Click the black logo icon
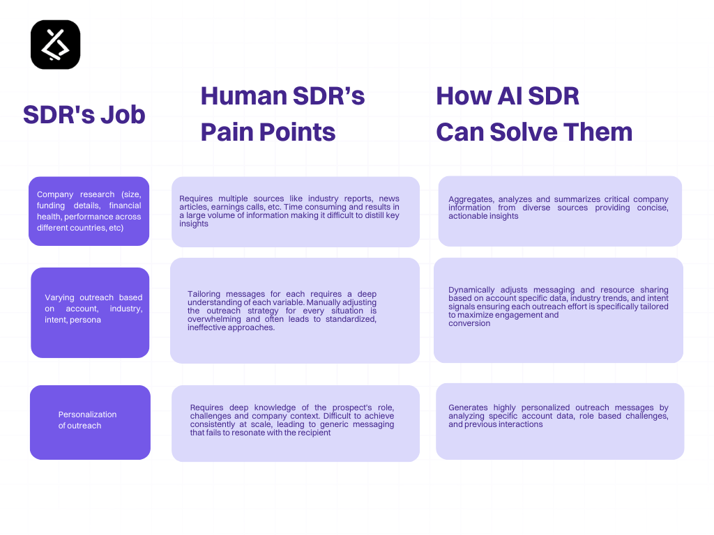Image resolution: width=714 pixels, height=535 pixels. [56, 45]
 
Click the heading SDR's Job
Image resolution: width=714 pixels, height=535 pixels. [84, 114]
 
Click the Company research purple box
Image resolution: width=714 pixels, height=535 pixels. [89, 211]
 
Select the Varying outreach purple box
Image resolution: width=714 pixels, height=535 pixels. [90, 312]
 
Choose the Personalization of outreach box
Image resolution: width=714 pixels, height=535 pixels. [90, 422]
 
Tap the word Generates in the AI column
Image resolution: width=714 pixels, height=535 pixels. [469, 408]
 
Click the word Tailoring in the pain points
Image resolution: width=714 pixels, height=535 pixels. [204, 294]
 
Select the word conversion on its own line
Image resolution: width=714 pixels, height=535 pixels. [469, 323]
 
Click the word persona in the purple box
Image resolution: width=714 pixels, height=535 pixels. [85, 320]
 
